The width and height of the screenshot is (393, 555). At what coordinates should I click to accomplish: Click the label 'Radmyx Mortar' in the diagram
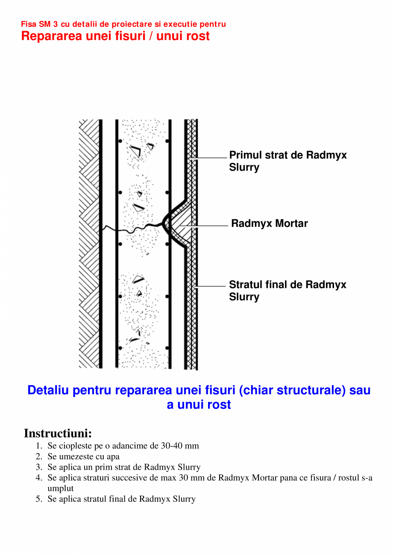269,224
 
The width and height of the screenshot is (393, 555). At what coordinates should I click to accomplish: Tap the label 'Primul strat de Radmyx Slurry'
287,161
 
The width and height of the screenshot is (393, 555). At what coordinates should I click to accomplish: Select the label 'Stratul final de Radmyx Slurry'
287,291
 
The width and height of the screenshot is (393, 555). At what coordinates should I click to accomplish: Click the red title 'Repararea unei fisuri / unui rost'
115,36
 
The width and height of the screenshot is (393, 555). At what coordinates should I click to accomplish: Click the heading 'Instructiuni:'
58,433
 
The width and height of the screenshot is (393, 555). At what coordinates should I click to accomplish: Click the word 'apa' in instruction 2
113,456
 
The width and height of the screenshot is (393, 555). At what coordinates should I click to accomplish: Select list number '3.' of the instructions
39,467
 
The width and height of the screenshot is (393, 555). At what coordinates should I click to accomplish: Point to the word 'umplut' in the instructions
60,488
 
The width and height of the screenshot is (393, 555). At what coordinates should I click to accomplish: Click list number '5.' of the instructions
39,499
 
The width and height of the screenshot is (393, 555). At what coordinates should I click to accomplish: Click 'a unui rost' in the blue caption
199,405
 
